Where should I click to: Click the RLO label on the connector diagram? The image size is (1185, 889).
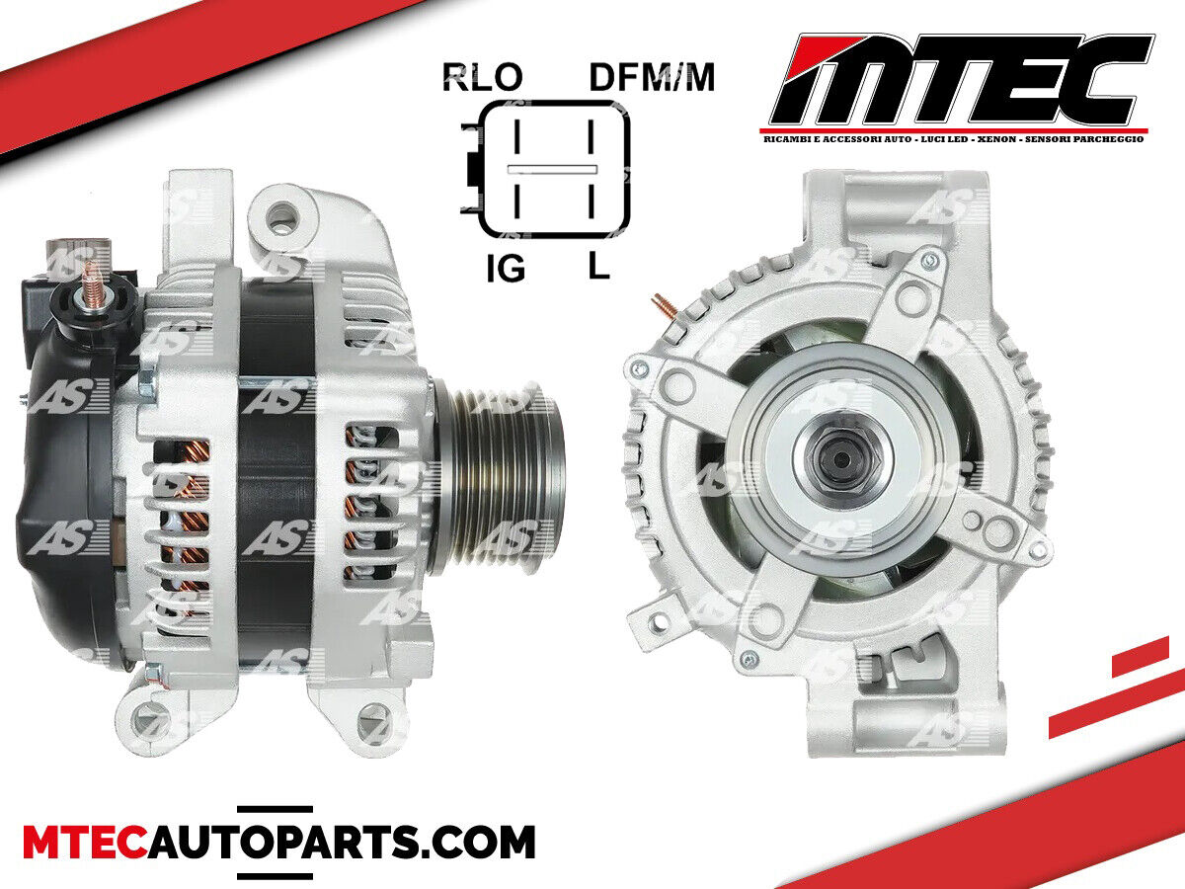point(482,77)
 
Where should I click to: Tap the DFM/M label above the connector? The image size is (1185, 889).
point(652,77)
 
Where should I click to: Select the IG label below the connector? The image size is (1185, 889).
point(506,269)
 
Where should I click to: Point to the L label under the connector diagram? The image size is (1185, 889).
point(598,266)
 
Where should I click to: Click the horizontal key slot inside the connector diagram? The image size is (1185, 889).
point(552,170)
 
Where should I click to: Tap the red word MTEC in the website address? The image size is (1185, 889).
point(85,842)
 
